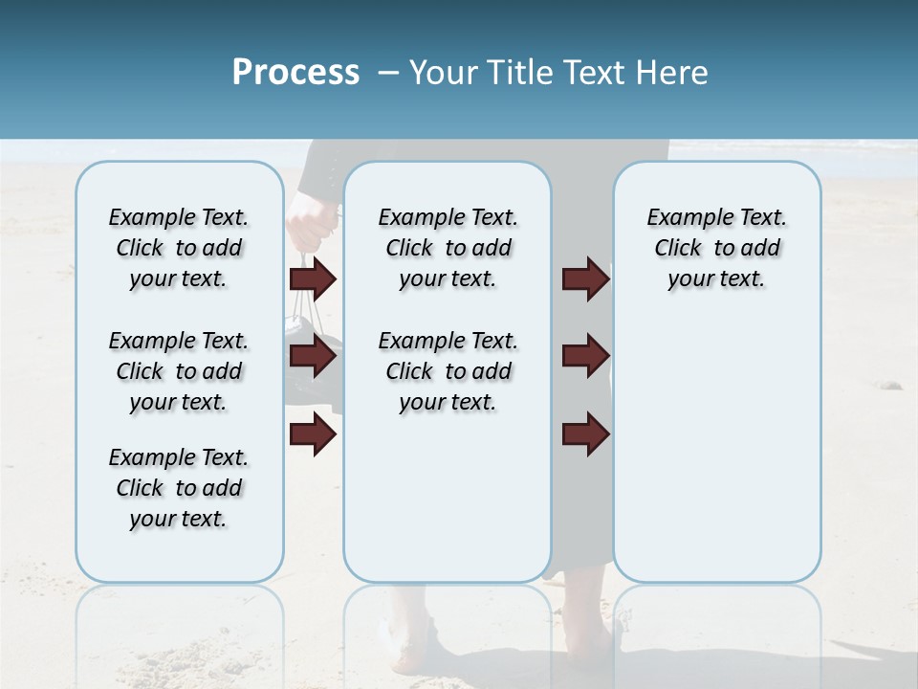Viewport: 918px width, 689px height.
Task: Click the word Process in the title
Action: click(x=295, y=73)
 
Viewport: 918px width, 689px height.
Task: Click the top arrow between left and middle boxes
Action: click(x=313, y=278)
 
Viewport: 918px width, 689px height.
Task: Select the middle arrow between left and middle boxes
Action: click(x=313, y=357)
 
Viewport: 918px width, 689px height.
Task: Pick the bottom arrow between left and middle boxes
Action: click(x=313, y=435)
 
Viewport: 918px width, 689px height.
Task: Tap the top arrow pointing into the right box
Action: click(x=585, y=278)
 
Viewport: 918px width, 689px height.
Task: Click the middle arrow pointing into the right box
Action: click(x=585, y=356)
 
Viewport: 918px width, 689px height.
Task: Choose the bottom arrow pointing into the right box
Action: click(x=585, y=434)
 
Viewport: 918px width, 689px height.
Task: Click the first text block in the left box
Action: click(x=179, y=248)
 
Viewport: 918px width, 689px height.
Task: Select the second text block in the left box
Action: click(x=179, y=371)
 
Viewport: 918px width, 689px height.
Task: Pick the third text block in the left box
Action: click(x=179, y=488)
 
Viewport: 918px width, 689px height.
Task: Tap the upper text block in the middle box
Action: click(x=448, y=248)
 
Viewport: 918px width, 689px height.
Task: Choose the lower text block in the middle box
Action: click(x=448, y=371)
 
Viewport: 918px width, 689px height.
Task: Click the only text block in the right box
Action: click(x=716, y=248)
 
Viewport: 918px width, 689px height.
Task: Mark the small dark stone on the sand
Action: click(x=890, y=385)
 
